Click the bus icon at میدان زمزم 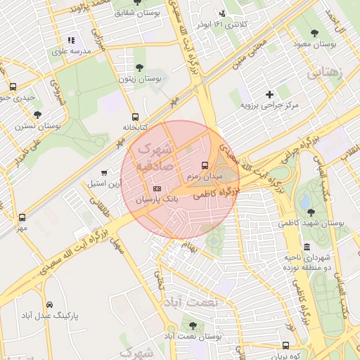(x=205, y=165)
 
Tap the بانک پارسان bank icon (x=156, y=188)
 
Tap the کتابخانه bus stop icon (x=135, y=117)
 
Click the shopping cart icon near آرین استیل (x=105, y=172)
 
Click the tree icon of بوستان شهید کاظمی (x=310, y=211)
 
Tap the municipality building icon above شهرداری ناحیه (x=307, y=247)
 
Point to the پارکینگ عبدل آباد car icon (x=49, y=304)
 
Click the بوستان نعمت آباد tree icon (x=193, y=325)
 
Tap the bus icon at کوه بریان (x=285, y=345)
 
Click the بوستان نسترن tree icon (x=37, y=115)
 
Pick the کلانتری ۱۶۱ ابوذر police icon (x=224, y=13)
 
